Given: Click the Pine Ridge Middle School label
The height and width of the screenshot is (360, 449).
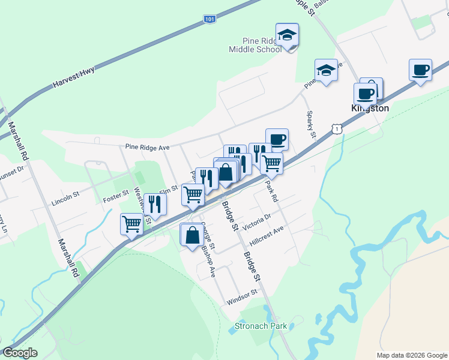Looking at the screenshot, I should click(255, 45).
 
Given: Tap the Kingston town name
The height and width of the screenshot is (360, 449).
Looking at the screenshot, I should click(370, 109).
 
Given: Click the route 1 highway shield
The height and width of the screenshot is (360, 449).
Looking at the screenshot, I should click(339, 128).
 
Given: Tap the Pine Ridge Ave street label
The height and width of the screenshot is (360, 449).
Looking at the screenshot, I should click(148, 146).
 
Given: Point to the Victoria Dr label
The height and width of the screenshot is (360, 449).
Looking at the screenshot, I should click(258, 219).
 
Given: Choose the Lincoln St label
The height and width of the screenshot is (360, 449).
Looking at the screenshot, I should click(65, 196).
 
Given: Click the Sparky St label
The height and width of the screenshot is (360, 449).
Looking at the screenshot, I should click(311, 124).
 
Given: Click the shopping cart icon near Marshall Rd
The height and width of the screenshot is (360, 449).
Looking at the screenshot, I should click(131, 224).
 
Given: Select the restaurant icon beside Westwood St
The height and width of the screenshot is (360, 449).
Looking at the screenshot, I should click(155, 204).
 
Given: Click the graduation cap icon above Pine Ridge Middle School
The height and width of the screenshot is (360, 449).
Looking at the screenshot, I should click(287, 35).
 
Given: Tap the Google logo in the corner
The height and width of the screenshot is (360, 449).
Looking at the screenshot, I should click(20, 352).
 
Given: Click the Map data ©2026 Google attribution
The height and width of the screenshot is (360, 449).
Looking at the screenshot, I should click(411, 355).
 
